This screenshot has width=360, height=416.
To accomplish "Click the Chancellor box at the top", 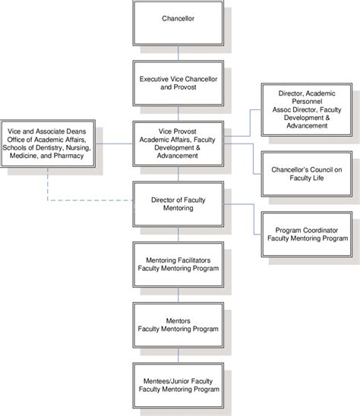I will tap(178, 17).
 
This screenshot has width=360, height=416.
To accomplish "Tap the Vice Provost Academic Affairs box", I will tap(178, 143).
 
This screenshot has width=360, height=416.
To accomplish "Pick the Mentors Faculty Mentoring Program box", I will tap(178, 324).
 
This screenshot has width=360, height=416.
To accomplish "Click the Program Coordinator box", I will tap(303, 232).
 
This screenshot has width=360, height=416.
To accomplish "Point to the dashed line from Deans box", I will tap(76, 200).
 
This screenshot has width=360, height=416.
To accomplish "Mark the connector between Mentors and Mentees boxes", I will tap(178, 355).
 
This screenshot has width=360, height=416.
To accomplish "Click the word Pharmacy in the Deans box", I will tap(67, 156).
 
